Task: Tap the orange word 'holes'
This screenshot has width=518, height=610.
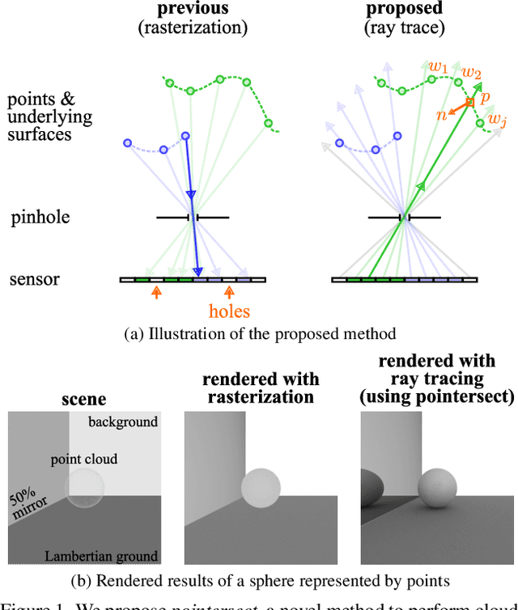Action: tap(229, 311)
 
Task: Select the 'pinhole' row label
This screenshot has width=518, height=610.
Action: tap(40, 217)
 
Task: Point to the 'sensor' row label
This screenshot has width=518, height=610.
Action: tap(35, 280)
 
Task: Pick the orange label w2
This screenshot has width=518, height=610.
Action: tap(471, 74)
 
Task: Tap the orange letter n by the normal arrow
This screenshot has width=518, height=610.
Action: tap(442, 115)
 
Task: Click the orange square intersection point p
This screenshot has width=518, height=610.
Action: tap(471, 102)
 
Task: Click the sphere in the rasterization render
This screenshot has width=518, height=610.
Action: tap(261, 488)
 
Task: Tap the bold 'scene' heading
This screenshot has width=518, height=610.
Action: tap(84, 400)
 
